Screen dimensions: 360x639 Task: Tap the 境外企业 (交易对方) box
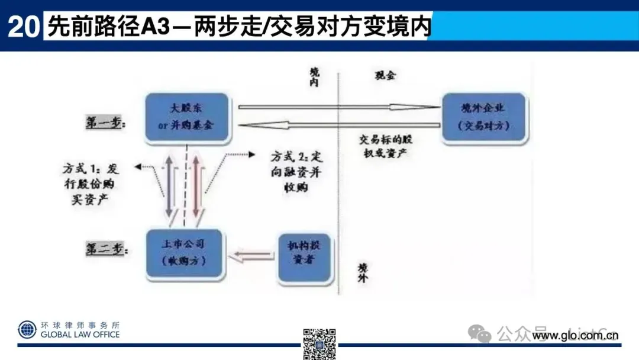coord(483,117)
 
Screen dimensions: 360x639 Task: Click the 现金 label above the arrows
coord(385,75)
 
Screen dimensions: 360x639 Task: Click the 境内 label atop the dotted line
coord(315,77)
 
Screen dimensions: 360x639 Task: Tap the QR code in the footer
coord(319,343)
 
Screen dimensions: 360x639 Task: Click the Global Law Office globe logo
coord(27,330)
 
